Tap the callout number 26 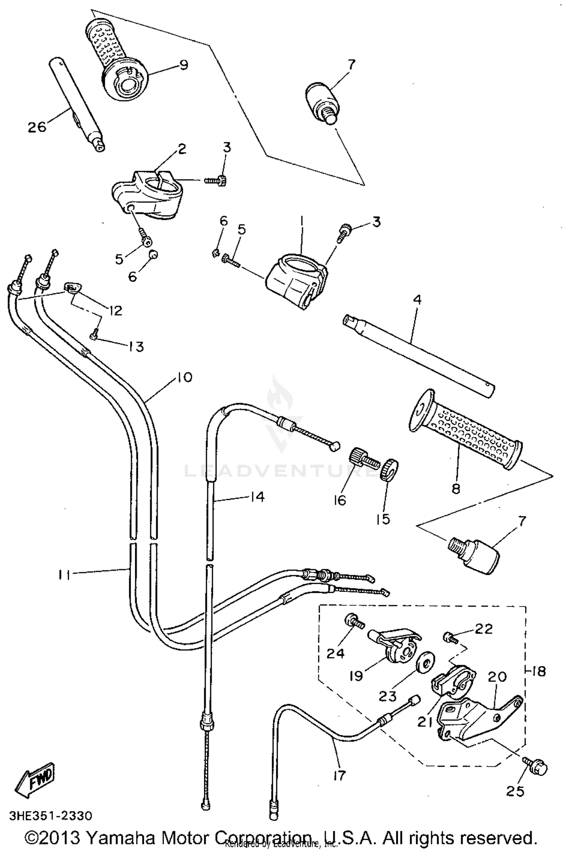click(37, 126)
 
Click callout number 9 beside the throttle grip click(183, 65)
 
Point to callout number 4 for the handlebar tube click(417, 300)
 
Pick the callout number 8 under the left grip click(455, 489)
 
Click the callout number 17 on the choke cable click(339, 775)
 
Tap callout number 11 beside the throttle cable click(64, 575)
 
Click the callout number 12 click(116, 310)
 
